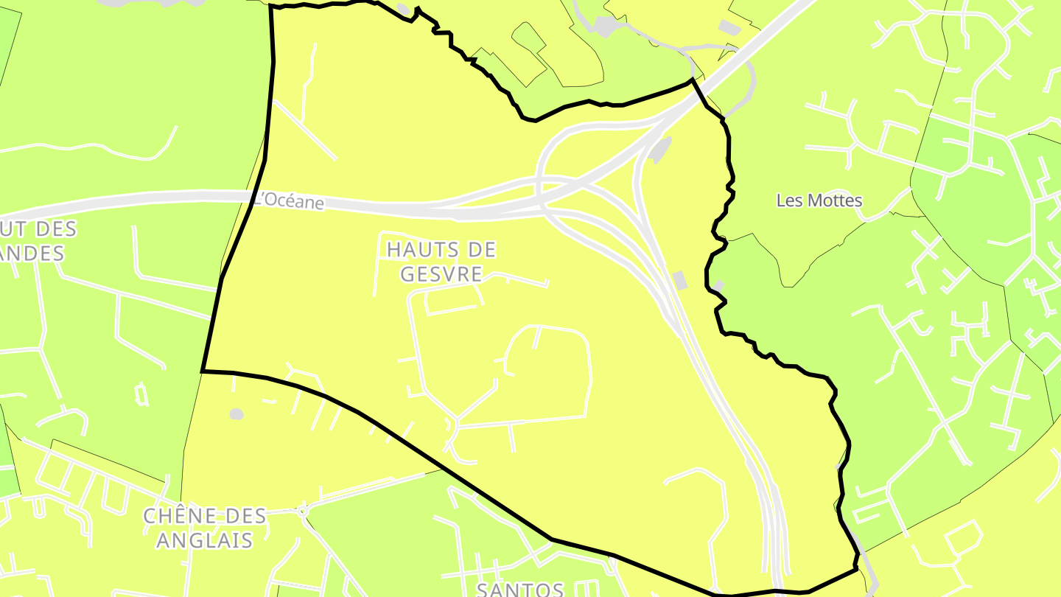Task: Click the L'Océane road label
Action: coord(289,200)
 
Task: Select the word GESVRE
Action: coord(441,275)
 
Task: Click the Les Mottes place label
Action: coord(819,200)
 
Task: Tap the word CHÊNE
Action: coord(173,516)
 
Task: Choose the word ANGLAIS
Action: coord(204,541)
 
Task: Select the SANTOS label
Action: coord(520,589)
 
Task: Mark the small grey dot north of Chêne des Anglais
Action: coord(236,414)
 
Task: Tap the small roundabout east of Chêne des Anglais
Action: coord(302,510)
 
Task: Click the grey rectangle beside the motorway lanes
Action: coord(679,280)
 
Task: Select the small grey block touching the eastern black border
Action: coord(718,286)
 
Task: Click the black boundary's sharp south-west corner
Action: coord(203,371)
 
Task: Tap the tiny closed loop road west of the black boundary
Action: coord(142,394)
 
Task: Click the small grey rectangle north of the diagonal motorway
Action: coord(729,27)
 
